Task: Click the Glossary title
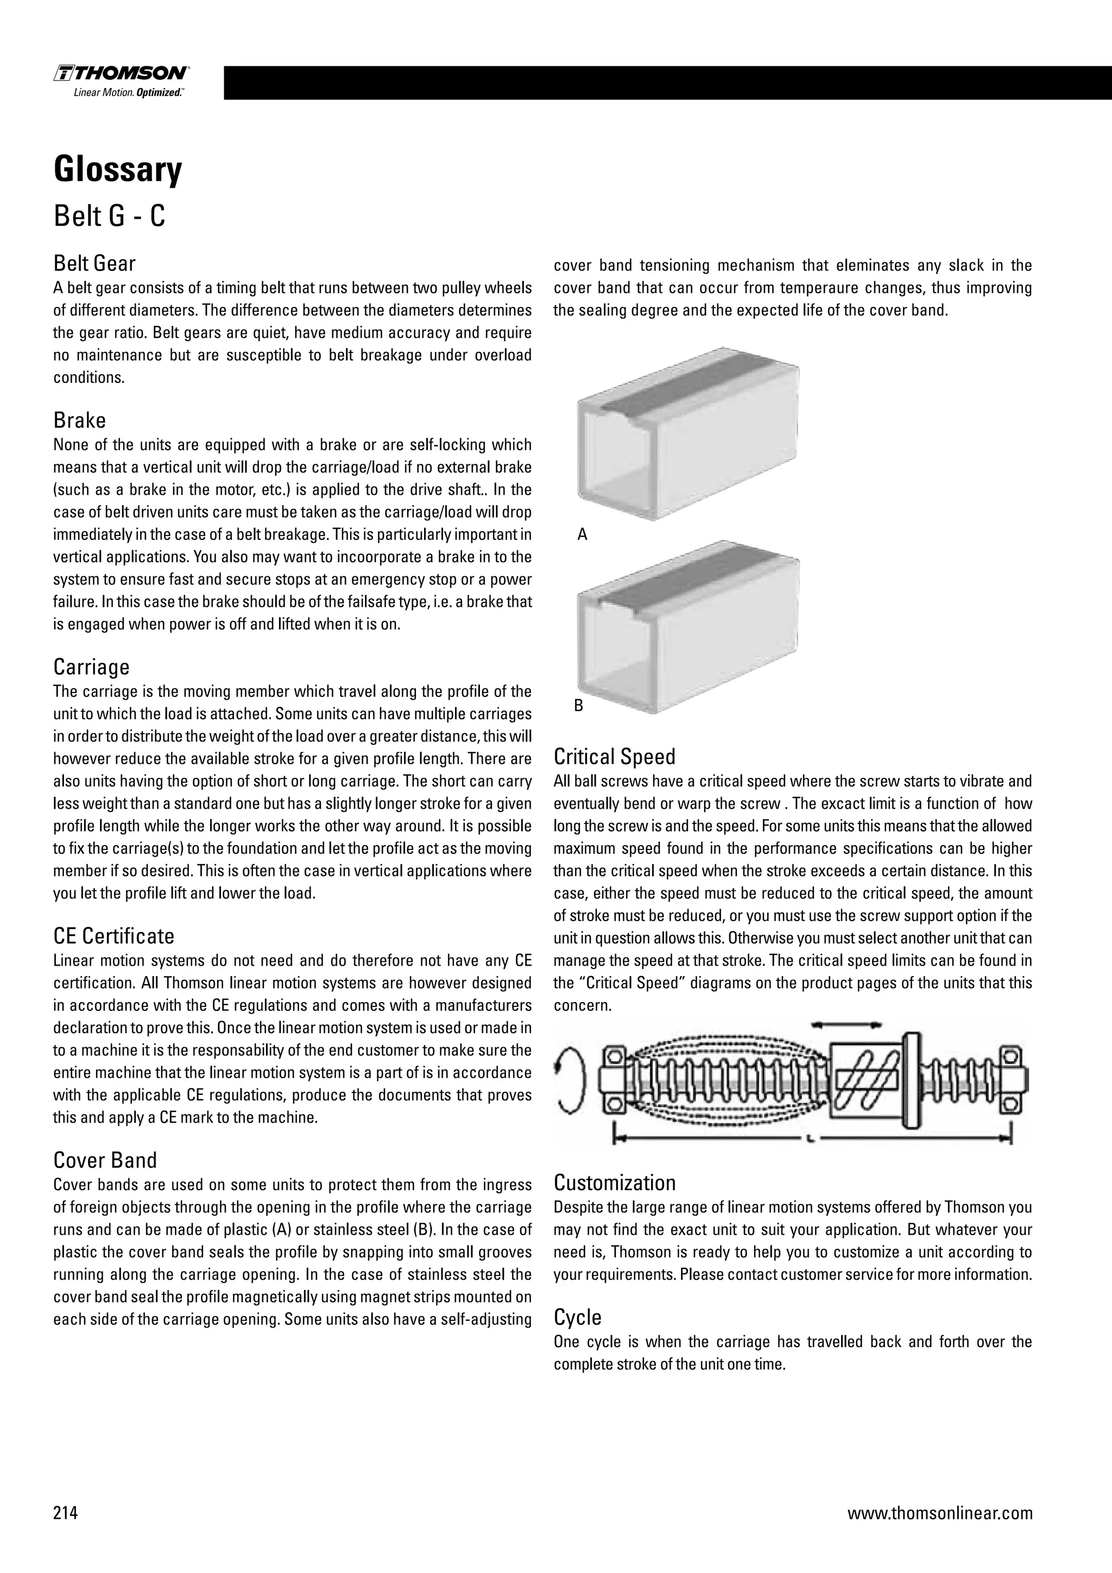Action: [118, 169]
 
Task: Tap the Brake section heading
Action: [79, 420]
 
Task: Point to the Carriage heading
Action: [91, 666]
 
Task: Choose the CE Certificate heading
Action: [113, 936]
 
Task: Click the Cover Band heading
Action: [105, 1160]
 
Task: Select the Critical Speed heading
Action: [614, 757]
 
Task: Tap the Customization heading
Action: [614, 1182]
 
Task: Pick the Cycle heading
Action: [577, 1317]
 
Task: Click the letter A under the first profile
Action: [582, 534]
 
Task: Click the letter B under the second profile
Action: [579, 706]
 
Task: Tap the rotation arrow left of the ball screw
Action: [572, 1083]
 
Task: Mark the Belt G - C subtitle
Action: [110, 217]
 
